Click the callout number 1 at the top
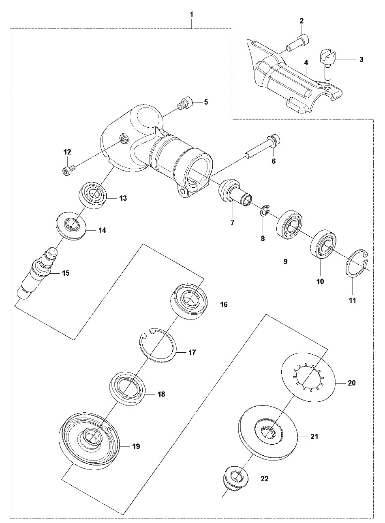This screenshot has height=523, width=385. click(192, 15)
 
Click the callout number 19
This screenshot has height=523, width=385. click(136, 446)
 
